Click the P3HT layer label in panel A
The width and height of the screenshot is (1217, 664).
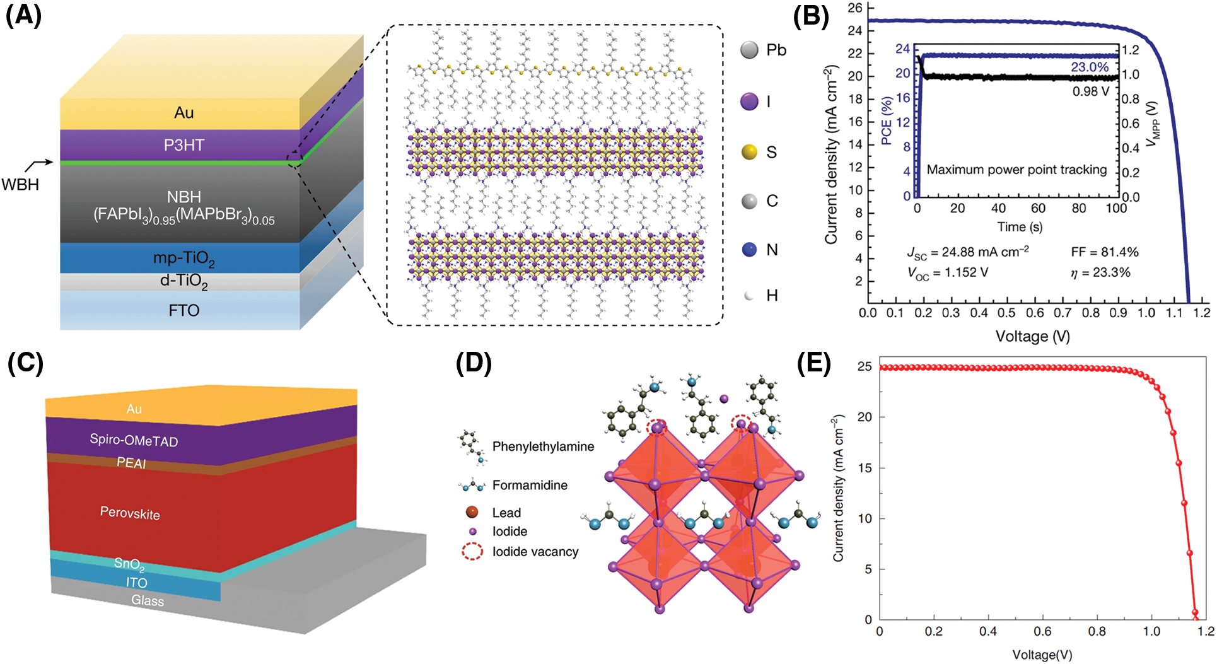click(x=183, y=145)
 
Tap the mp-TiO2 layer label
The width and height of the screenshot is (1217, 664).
click(x=183, y=258)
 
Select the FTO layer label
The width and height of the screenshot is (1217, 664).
click(x=183, y=310)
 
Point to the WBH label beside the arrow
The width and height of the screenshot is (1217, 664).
click(x=20, y=185)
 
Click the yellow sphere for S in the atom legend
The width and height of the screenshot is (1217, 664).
click(x=749, y=152)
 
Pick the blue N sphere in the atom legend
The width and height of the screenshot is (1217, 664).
click(x=749, y=250)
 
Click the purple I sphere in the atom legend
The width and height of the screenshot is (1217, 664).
click(x=749, y=102)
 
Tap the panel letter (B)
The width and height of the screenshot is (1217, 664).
click(x=810, y=16)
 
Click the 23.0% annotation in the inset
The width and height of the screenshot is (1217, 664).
click(x=1089, y=67)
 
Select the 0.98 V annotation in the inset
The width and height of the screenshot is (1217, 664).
click(x=1090, y=91)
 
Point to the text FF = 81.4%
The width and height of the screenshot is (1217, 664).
click(x=1104, y=252)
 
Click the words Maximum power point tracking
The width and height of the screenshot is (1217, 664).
click(x=1016, y=170)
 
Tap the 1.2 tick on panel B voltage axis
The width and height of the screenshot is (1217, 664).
click(x=1201, y=313)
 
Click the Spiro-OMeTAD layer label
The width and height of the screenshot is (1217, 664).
click(x=134, y=440)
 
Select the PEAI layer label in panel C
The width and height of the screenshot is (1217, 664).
click(x=131, y=463)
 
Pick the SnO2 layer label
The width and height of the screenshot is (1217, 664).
click(x=129, y=563)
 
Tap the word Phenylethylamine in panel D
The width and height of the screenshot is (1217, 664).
click(x=543, y=446)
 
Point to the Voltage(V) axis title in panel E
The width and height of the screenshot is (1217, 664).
click(x=1042, y=655)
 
